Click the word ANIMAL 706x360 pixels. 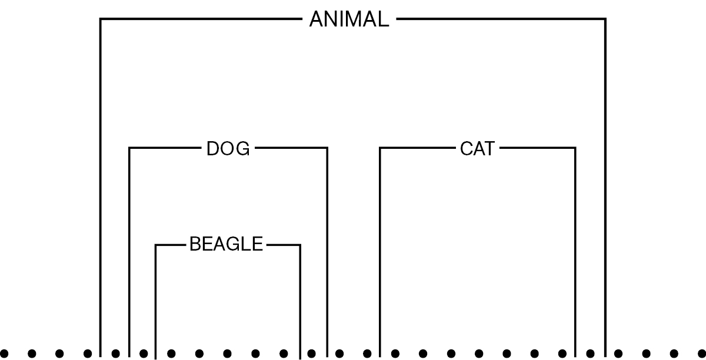(349, 19)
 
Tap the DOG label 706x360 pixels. (228, 148)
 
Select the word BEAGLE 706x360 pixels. (226, 244)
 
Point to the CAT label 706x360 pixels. (477, 148)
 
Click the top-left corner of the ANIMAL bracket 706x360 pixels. (100, 19)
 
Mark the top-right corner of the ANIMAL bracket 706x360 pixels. (605, 19)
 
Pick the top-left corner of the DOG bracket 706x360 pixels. (129, 148)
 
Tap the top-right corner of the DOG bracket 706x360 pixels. (327, 148)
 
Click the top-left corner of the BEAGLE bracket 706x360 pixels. (155, 245)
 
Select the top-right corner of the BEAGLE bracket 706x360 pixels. (300, 245)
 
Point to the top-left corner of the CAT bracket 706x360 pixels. (380, 148)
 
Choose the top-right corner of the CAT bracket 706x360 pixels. (575, 148)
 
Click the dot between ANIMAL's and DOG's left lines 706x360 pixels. (116, 354)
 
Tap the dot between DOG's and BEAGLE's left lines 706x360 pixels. (144, 354)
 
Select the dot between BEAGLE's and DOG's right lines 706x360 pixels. (311, 354)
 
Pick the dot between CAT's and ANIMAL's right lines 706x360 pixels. (590, 354)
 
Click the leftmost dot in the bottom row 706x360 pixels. (4, 354)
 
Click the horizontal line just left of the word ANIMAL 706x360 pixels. (201, 19)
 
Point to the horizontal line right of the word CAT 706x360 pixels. (538, 148)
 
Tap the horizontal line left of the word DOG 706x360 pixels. (165, 148)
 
